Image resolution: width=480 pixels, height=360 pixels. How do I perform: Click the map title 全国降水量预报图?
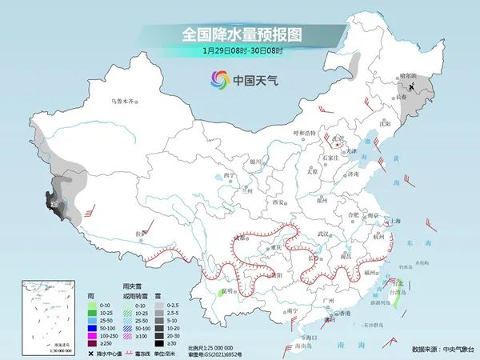239,34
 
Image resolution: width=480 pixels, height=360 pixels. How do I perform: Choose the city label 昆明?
227,290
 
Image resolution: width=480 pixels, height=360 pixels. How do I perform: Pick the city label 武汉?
323,233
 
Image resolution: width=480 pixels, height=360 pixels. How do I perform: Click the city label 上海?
394,221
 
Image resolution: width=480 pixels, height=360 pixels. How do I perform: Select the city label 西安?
277,202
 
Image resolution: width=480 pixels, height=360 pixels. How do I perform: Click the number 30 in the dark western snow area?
54,206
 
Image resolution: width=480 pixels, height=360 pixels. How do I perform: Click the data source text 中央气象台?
455,349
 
